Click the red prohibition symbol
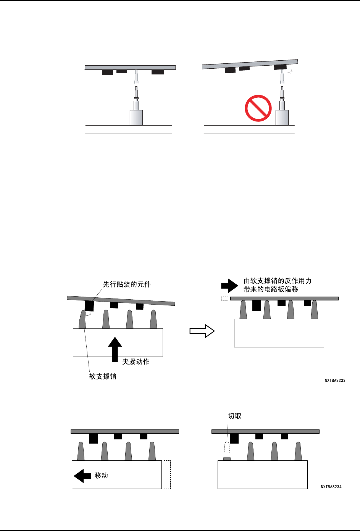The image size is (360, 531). click(258, 108)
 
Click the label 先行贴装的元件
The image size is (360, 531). click(127, 284)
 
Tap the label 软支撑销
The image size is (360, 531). click(103, 376)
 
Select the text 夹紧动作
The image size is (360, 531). click(136, 362)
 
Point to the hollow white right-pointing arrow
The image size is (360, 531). click(202, 331)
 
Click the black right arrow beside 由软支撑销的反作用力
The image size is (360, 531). click(229, 285)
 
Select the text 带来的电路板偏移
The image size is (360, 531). click(271, 289)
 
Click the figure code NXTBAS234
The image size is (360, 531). click(331, 487)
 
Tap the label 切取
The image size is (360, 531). click(234, 416)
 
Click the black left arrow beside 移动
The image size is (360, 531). click(82, 476)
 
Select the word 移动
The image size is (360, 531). click(101, 476)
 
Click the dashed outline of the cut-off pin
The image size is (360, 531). click(227, 448)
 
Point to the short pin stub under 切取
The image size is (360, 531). click(227, 458)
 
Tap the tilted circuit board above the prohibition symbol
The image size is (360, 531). click(250, 64)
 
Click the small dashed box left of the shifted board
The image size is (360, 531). click(224, 299)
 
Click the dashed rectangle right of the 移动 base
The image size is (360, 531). click(167, 475)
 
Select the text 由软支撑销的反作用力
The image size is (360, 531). click(278, 281)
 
